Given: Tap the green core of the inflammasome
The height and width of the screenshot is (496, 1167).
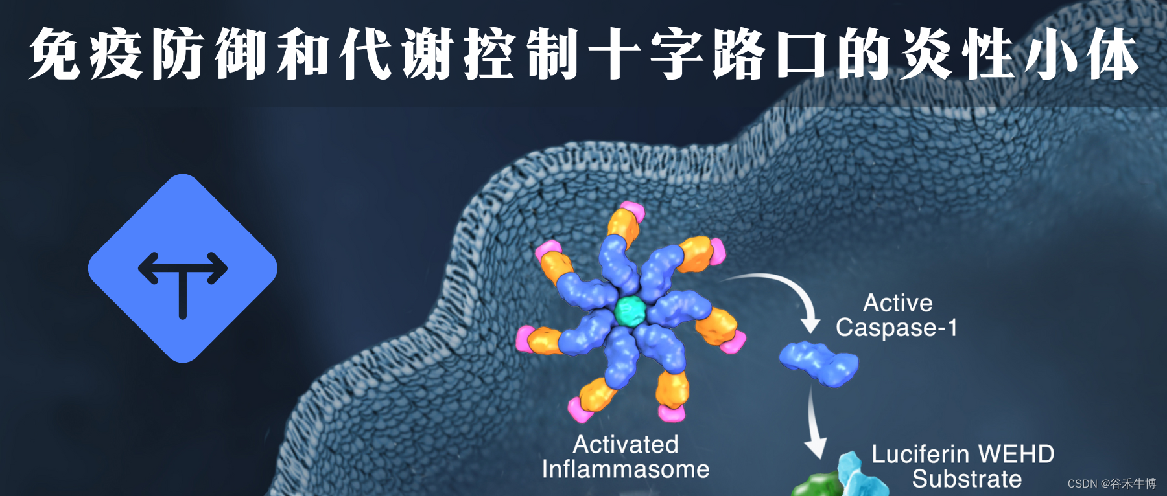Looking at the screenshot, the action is coord(629,311).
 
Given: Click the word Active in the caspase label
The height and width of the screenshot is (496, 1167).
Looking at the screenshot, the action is coord(897,303).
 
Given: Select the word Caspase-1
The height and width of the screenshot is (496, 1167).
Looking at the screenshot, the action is coord(896,328).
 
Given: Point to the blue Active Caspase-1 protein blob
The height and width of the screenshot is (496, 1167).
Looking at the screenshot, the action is coord(819,363).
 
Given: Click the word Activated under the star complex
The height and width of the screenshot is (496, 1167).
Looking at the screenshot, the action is coord(626,445).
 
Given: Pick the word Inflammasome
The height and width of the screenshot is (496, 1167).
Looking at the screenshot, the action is coord(626,469).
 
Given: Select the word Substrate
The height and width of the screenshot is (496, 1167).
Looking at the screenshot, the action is coord(967,479).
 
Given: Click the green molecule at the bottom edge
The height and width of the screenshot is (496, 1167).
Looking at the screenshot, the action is coord(816,486).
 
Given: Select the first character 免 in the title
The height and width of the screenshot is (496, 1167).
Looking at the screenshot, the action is coord(54,54).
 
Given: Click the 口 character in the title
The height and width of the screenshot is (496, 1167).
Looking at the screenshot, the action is coord(801,54).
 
